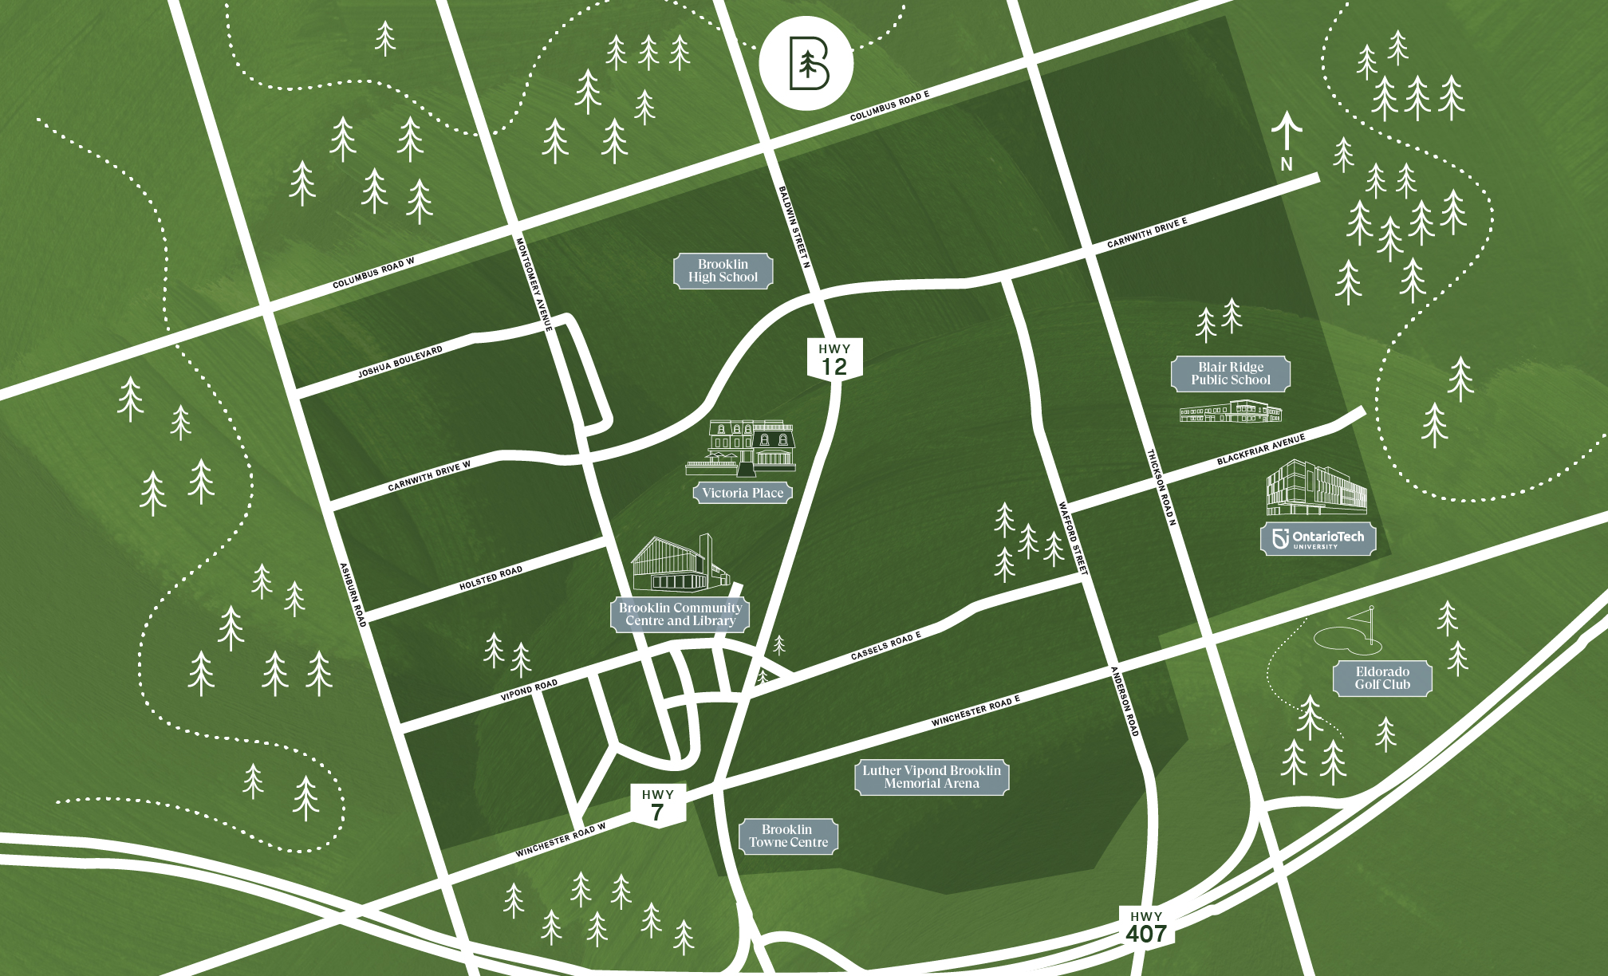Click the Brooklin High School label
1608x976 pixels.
723,271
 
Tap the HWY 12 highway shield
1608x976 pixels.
834,359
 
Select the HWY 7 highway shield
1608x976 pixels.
658,805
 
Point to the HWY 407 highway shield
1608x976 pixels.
1146,927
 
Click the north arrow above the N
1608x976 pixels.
1286,131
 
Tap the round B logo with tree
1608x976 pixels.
806,62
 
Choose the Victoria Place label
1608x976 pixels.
743,493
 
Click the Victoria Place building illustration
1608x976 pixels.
742,447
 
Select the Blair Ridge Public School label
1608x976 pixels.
1230,373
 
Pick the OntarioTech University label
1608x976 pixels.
1318,539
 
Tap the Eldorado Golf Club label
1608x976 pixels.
1382,678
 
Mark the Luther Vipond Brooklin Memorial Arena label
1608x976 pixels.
931,777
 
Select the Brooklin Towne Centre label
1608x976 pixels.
788,836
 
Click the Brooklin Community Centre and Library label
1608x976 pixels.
680,614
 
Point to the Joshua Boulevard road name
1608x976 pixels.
400,361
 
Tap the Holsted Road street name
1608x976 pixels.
491,579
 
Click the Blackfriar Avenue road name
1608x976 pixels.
1260,450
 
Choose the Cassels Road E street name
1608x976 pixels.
885,646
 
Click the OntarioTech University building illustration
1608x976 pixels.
1316,488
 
